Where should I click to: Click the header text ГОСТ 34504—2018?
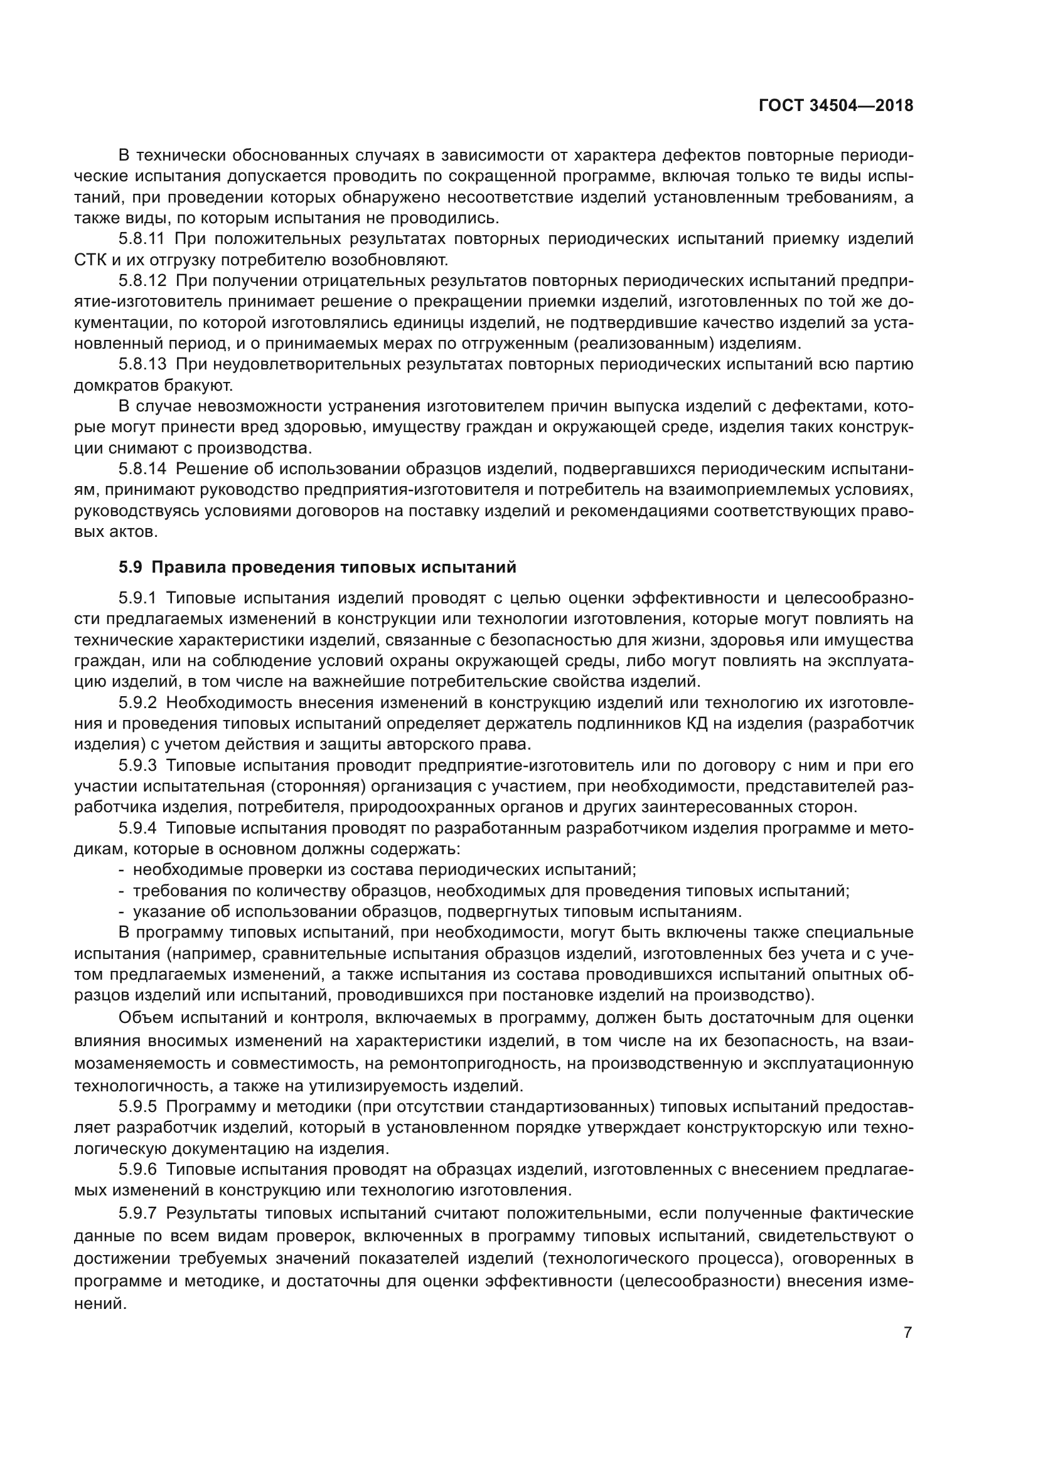coord(835,105)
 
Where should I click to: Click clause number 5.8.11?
coord(142,240)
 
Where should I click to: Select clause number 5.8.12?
coord(142,281)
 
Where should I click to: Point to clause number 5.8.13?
coord(142,365)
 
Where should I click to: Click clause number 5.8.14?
coord(142,469)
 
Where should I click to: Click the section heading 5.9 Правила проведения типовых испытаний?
coord(317,568)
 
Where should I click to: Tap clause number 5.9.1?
coord(137,598)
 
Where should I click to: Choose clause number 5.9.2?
coord(137,703)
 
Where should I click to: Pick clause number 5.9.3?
coord(137,765)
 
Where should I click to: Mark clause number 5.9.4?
coord(137,828)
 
